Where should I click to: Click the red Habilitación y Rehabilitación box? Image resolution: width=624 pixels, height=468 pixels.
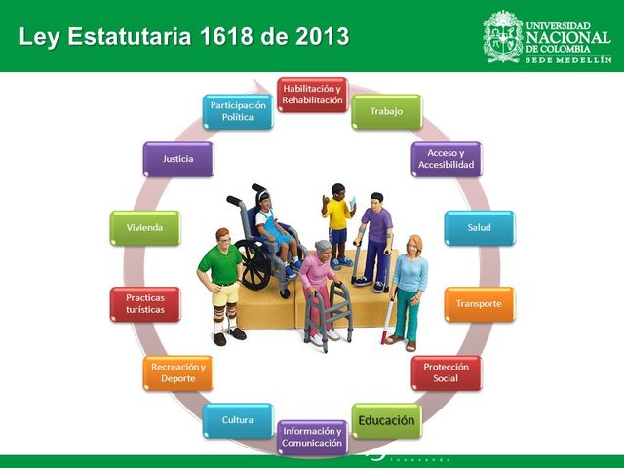[312, 95]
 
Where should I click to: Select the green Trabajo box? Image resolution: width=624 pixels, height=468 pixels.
[386, 111]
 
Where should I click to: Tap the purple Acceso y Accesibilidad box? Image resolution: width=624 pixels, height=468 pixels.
[446, 159]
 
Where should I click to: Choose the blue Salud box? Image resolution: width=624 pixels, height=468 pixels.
[479, 227]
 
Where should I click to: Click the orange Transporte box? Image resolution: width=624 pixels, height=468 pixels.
[479, 303]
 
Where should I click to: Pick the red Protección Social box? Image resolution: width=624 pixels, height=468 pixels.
[446, 372]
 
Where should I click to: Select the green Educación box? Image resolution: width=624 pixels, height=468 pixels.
[386, 420]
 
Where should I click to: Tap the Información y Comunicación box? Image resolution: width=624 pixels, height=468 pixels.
[312, 437]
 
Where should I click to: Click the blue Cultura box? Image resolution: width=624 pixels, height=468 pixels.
[238, 420]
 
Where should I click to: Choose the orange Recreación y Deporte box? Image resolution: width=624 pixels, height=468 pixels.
[177, 372]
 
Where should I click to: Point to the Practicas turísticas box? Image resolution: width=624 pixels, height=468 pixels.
[145, 303]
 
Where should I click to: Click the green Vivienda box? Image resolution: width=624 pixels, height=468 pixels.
[145, 227]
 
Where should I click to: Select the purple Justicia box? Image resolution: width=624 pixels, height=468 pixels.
[177, 158]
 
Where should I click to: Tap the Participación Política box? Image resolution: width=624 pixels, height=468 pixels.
[238, 111]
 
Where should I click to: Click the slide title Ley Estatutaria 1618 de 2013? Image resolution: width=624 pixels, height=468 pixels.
[184, 37]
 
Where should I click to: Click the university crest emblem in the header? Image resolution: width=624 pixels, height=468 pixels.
[502, 36]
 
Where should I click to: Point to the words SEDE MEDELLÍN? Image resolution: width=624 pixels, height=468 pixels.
[568, 58]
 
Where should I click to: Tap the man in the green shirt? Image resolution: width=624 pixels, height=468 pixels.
[221, 278]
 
